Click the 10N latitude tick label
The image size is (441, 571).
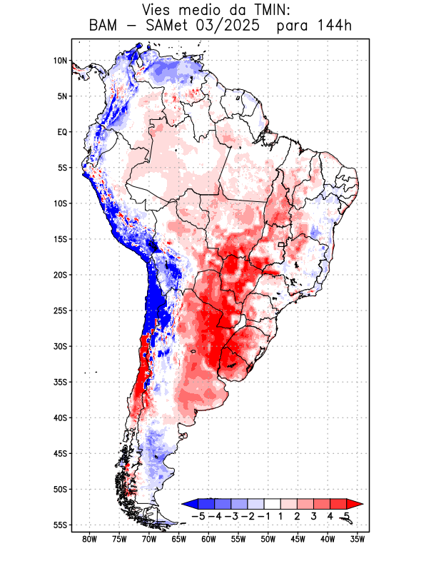[60, 61]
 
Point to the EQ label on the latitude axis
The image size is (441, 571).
[61, 132]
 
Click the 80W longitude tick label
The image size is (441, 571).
[89, 539]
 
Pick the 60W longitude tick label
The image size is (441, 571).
[209, 539]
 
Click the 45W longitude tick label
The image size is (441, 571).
[298, 539]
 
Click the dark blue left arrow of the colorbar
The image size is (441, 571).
[188, 504]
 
